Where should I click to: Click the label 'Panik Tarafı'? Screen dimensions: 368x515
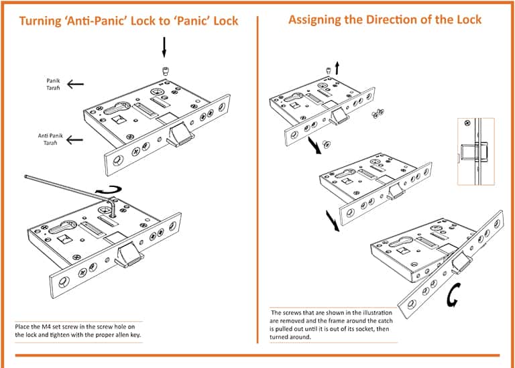(53, 84)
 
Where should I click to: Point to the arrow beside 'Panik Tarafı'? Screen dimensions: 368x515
(76, 84)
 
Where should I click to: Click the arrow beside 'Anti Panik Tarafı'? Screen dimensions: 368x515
(76, 139)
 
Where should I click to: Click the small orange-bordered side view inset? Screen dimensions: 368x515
(475, 151)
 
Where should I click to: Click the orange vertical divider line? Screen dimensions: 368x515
(257, 181)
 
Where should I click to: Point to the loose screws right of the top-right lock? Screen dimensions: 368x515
(379, 115)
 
